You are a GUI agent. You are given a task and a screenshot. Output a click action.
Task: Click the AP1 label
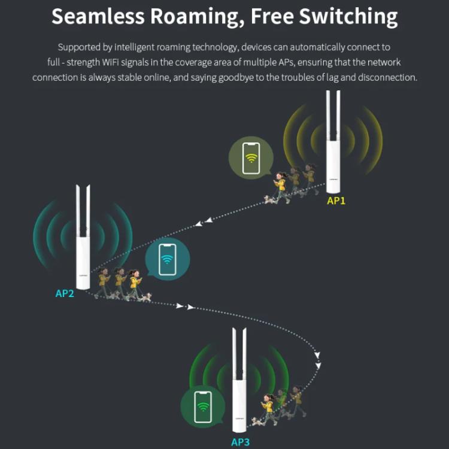pyautogui.click(x=336, y=201)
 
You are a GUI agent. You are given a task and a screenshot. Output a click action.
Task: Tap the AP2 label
pyautogui.click(x=65, y=293)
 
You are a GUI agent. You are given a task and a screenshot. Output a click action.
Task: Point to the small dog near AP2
pyautogui.click(x=146, y=296)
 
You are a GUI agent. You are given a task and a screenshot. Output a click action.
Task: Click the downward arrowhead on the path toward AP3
pyautogui.click(x=318, y=365)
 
